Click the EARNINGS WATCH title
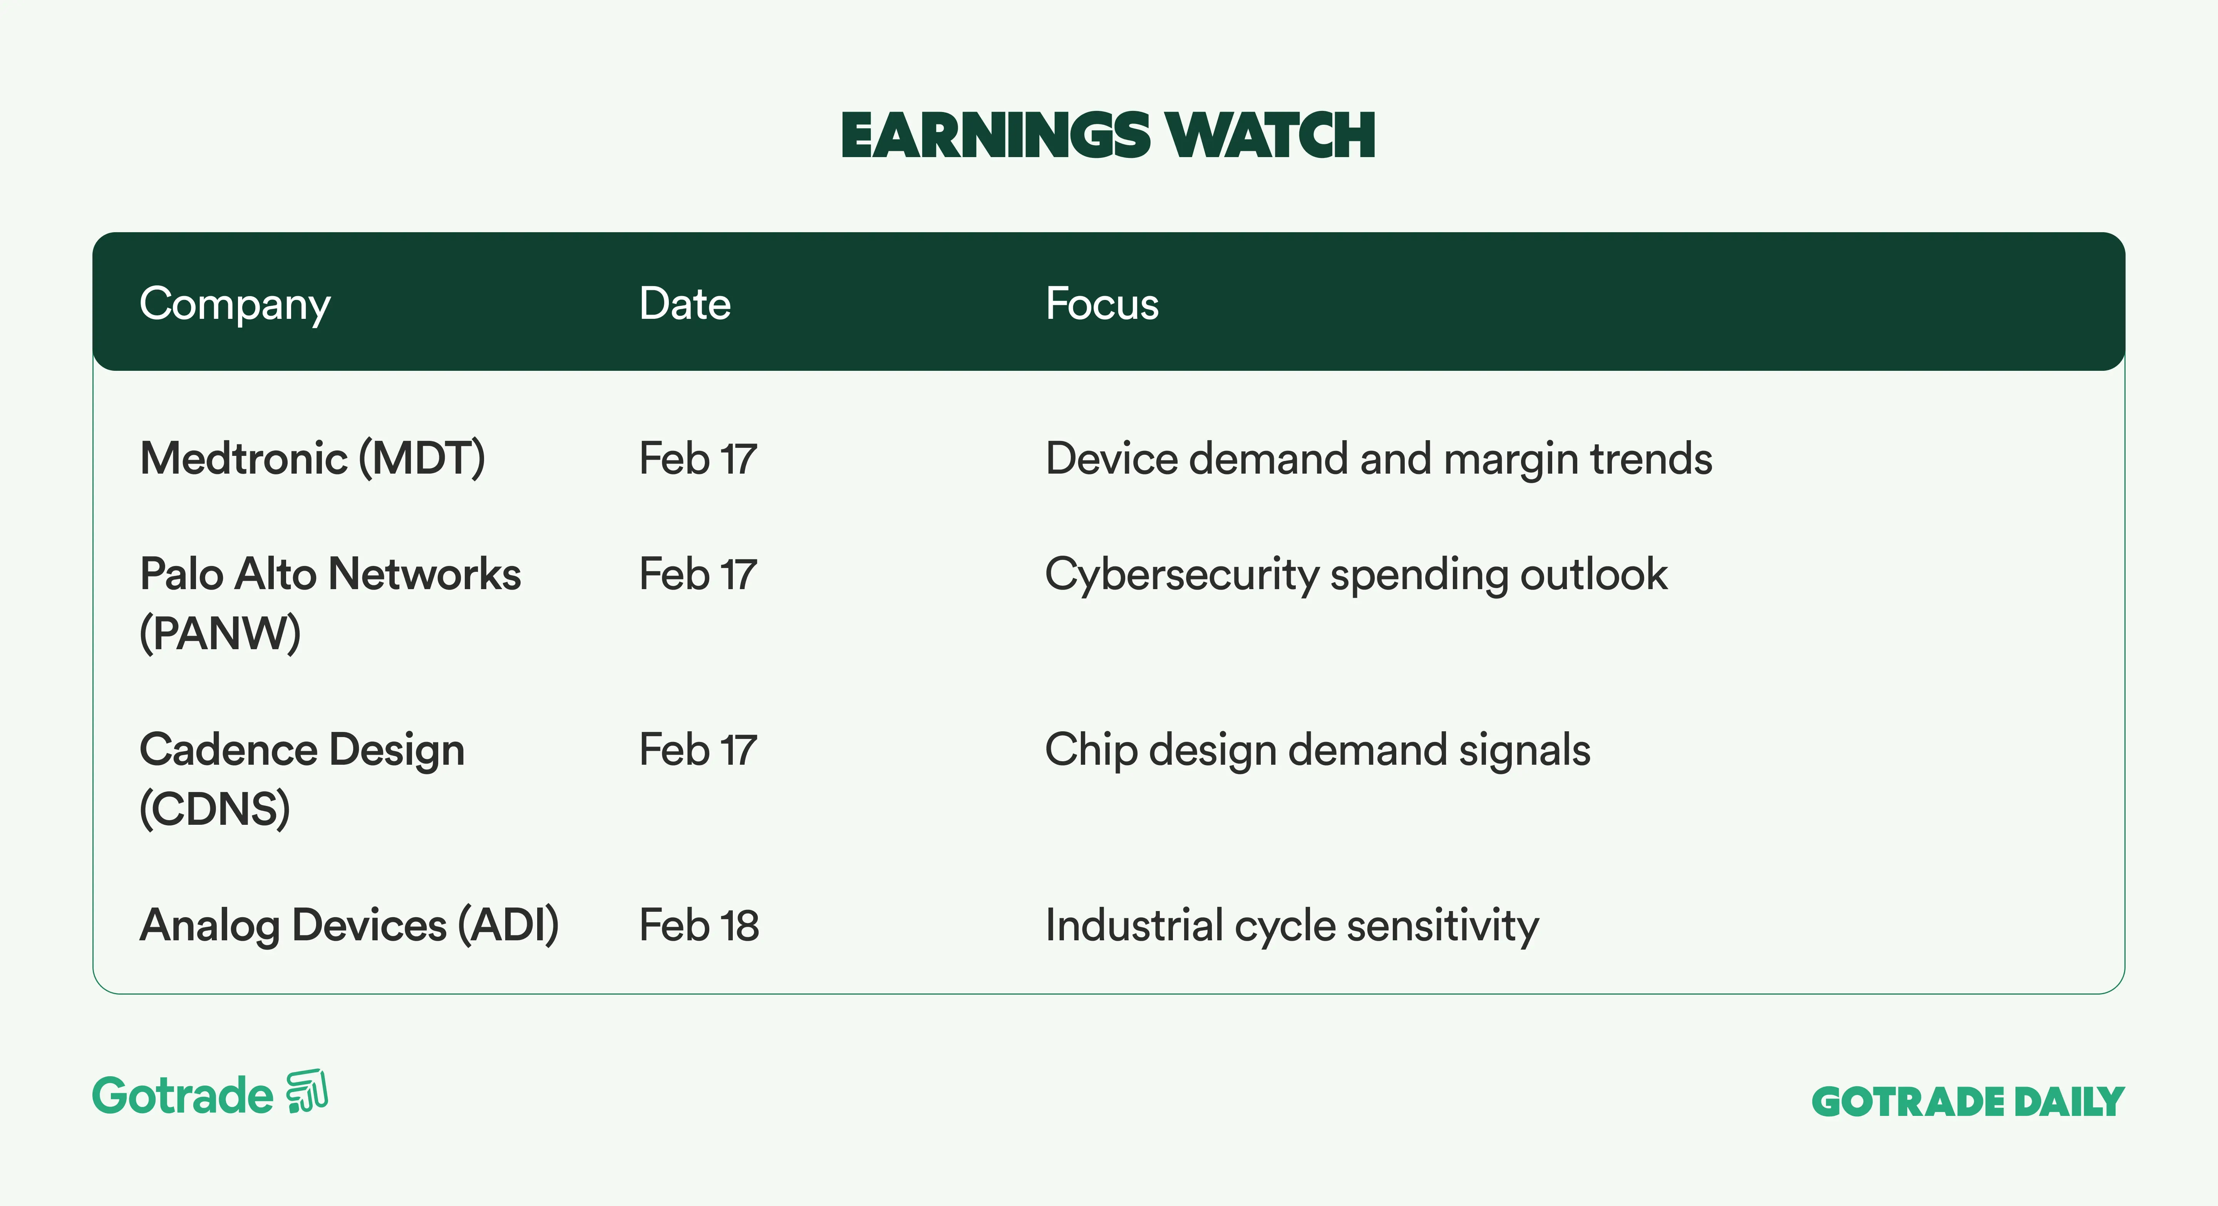point(1108,136)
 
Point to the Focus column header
point(1102,304)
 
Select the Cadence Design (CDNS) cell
point(302,779)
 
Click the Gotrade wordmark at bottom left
point(183,1096)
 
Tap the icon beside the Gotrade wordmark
point(307,1092)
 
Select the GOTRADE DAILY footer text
point(1968,1102)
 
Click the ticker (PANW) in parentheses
point(220,633)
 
